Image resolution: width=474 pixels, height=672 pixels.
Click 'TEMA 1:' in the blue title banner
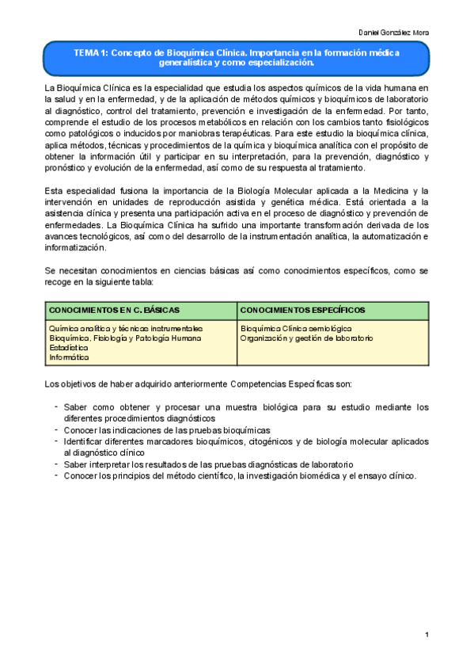[x=90, y=52]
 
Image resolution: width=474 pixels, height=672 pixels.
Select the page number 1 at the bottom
[x=427, y=635]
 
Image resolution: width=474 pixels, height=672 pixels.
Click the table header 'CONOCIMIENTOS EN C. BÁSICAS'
[x=114, y=308]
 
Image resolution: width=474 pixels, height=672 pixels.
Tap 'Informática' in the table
[x=70, y=357]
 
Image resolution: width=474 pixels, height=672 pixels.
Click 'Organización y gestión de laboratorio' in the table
[x=306, y=338]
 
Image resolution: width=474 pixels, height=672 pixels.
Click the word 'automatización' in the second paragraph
[x=386, y=237]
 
